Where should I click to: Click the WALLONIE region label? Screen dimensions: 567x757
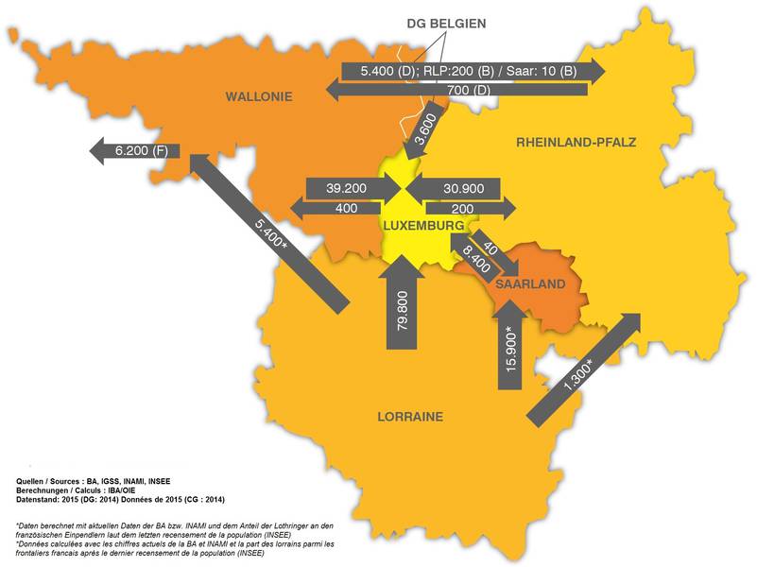258,96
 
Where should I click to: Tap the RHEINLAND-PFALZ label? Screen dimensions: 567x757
576,143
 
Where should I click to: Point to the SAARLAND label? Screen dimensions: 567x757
529,283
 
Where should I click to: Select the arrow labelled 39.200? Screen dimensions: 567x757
346,188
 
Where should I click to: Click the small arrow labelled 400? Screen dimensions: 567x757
346,207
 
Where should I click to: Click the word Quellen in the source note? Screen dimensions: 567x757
38,481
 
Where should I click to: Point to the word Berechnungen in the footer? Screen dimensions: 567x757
48,490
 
